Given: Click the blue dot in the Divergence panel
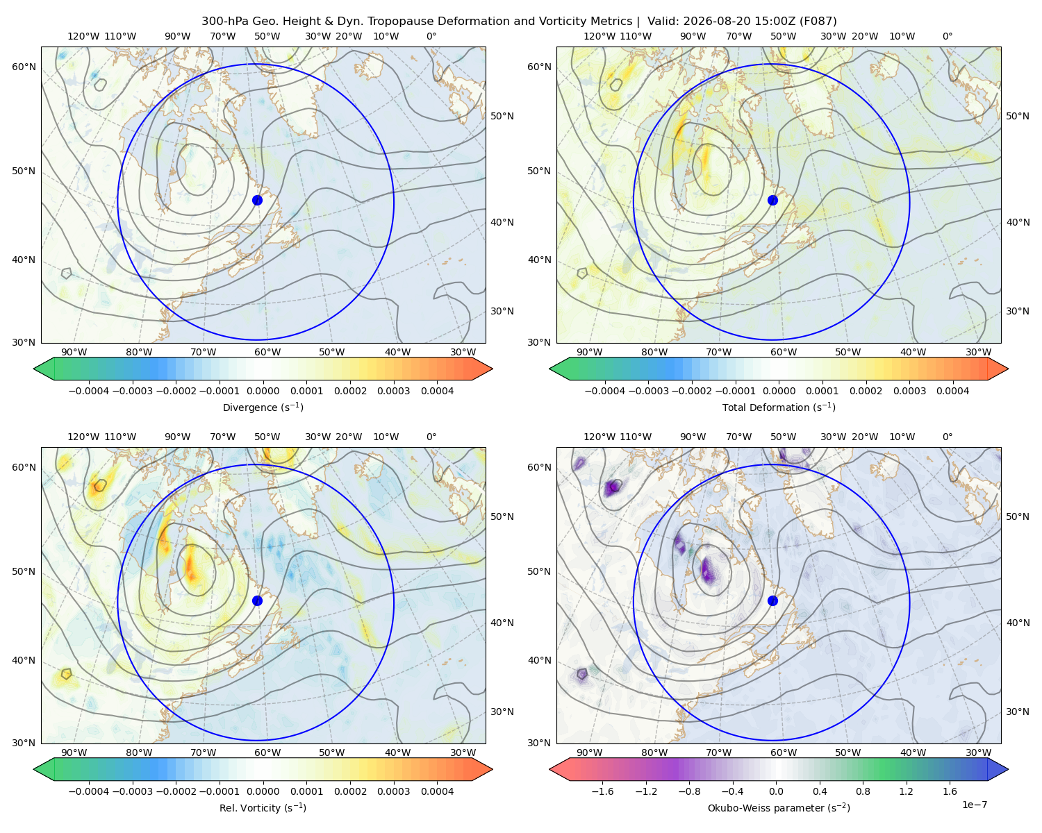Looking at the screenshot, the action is (x=257, y=200).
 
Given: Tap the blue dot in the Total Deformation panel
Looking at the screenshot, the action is (x=772, y=200).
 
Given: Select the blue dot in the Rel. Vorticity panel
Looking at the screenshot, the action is (x=257, y=600).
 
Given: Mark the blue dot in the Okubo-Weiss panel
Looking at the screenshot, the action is (x=772, y=600).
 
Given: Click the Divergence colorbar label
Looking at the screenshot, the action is (x=263, y=407).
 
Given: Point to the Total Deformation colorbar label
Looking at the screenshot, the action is (x=779, y=407).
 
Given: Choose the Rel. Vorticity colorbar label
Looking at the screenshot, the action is (x=263, y=807).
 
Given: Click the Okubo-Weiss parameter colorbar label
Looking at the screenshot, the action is (x=779, y=807).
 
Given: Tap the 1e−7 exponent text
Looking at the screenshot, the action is (x=974, y=805).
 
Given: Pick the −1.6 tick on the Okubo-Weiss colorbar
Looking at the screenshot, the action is (x=602, y=791).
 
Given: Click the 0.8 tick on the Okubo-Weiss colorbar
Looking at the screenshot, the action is (x=863, y=791).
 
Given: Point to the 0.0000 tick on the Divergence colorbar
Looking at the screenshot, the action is (x=263, y=391).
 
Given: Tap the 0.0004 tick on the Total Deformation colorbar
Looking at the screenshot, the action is (x=952, y=391).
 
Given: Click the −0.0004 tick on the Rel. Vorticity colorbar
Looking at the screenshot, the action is (x=89, y=791).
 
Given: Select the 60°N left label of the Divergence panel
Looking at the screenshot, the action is (x=24, y=67).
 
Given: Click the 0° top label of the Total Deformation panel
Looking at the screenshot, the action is (x=947, y=36).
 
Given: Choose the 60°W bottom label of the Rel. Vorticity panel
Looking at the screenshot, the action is (x=267, y=752).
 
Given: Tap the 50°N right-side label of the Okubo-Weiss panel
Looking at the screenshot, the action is (x=1017, y=516).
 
